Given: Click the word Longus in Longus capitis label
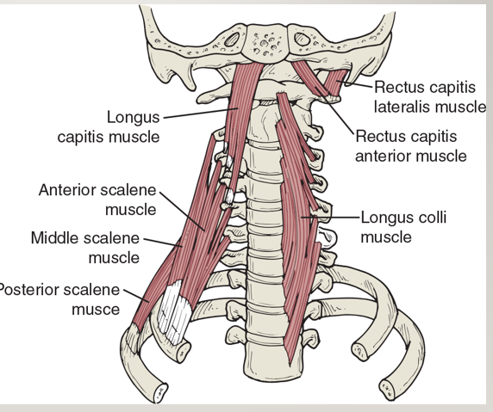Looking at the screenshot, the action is coord(134,117).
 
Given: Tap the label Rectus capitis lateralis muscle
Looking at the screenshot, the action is coord(430,96).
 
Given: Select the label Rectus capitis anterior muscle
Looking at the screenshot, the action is coord(411,146).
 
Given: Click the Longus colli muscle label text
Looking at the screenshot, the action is coord(403,227).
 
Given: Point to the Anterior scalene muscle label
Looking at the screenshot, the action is coord(97,200).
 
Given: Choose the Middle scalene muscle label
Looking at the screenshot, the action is coord(85,248).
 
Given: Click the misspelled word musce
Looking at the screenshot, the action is coord(96,310).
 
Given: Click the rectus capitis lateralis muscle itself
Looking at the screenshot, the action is coord(336,83).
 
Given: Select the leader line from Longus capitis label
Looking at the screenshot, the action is coord(201,114).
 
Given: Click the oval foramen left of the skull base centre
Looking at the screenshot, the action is coord(233,40).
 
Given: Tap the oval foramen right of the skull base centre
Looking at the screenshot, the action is coord(303,40).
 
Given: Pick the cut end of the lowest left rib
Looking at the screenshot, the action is coord(160,392).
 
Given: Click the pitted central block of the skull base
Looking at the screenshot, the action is coord(265,41).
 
